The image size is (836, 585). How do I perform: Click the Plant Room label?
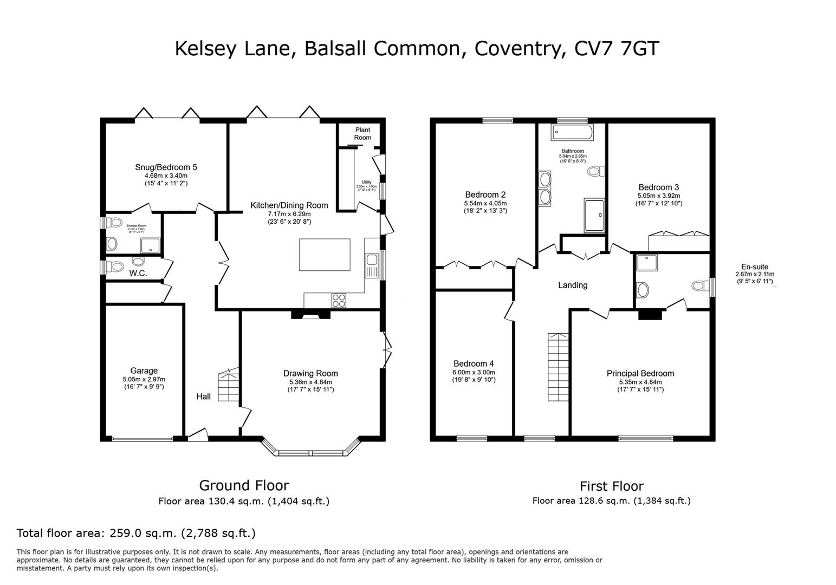(x=362, y=134)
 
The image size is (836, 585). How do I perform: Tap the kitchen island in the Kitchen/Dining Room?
(x=324, y=255)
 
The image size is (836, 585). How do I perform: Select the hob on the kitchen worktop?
(x=339, y=300)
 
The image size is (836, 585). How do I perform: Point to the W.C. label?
(x=138, y=274)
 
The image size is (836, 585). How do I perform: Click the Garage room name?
(x=144, y=370)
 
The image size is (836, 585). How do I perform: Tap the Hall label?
(x=203, y=396)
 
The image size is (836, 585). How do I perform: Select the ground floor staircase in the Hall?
(x=229, y=386)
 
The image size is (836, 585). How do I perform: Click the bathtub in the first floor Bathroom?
(x=573, y=132)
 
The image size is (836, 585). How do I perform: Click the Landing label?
(x=573, y=285)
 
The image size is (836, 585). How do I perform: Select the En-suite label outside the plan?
(x=754, y=266)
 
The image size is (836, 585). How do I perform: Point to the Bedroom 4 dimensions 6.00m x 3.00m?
(x=474, y=372)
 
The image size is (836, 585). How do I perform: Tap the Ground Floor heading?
(x=244, y=485)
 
